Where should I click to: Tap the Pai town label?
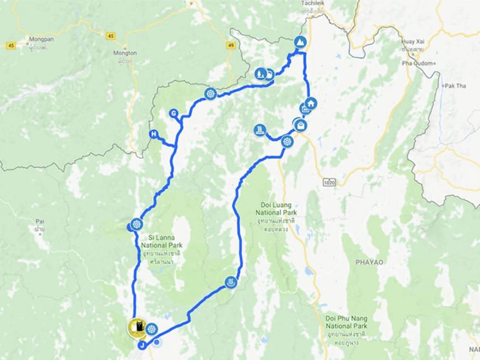tap(40, 222)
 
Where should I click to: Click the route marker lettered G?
tap(173, 114)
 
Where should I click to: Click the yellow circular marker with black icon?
tap(137, 327)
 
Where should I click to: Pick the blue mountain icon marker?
tap(301, 42)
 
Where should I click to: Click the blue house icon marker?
tap(311, 103)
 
